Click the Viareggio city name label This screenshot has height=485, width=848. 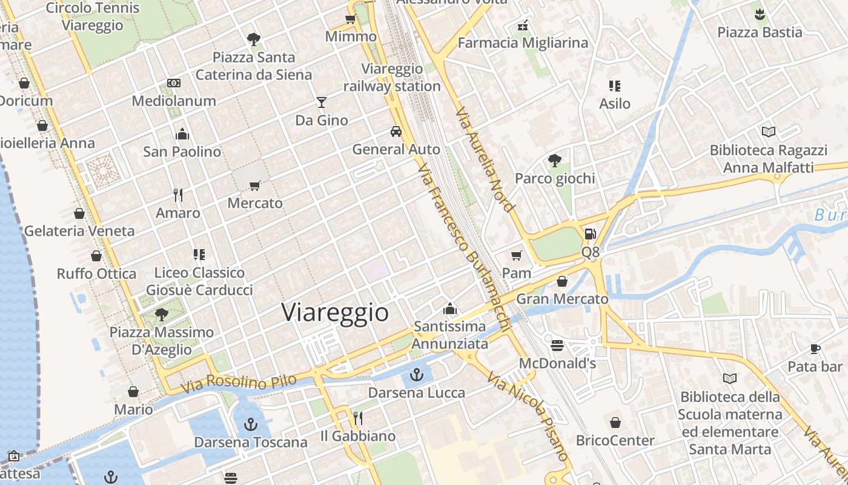335,312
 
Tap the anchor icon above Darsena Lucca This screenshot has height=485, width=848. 416,375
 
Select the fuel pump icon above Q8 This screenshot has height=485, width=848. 590,234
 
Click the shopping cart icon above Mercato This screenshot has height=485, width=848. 255,186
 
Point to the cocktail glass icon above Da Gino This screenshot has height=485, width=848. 321,102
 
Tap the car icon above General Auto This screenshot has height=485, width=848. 396,132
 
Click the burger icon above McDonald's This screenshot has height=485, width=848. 557,346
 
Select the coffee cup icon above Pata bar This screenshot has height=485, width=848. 815,349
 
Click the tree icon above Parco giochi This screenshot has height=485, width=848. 554,161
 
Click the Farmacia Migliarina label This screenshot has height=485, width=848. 523,42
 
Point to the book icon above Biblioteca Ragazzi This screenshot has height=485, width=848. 768,132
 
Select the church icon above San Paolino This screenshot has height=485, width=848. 182,134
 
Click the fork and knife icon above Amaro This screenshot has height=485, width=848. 177,195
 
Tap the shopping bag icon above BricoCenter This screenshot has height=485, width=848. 615,423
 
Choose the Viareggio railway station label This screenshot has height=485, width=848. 392,78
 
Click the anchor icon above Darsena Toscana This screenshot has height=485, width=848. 251,424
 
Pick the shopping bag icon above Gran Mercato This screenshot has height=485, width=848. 562,281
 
